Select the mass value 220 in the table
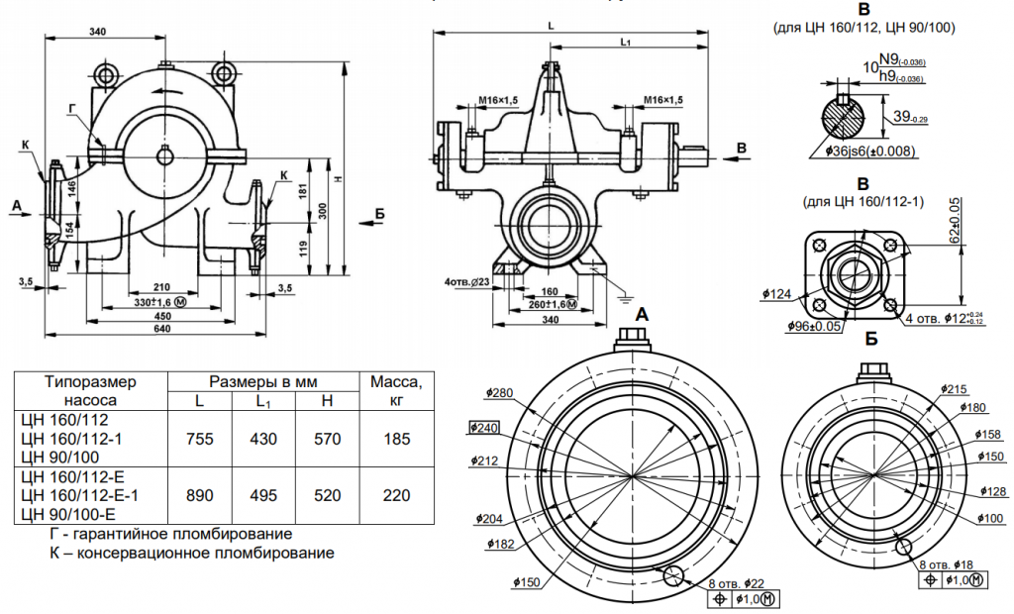[x=396, y=495]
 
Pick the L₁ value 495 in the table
[x=263, y=495]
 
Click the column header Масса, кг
[x=396, y=390]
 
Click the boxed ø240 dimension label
[x=484, y=428]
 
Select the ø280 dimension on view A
[x=499, y=393]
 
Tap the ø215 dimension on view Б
[x=956, y=388]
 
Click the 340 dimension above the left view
[x=97, y=32]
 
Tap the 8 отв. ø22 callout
[x=736, y=583]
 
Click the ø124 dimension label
[x=777, y=293]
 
